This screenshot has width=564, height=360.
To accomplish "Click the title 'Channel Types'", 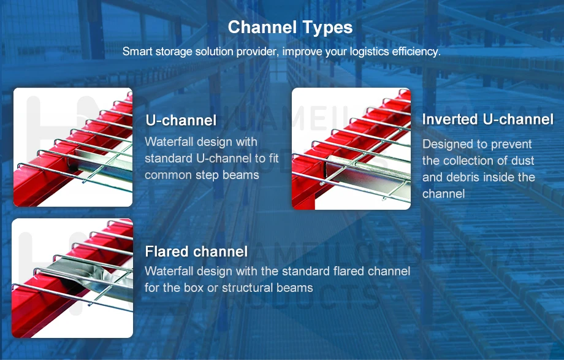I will click(290, 28).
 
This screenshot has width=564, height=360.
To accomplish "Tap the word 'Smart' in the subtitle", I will click(136, 52).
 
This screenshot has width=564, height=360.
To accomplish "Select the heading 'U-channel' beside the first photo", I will click(181, 120).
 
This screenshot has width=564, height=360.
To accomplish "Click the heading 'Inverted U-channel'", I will click(487, 120).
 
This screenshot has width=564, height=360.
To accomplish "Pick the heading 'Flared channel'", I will click(196, 251).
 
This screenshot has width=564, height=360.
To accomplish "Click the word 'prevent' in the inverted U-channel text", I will click(513, 145).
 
